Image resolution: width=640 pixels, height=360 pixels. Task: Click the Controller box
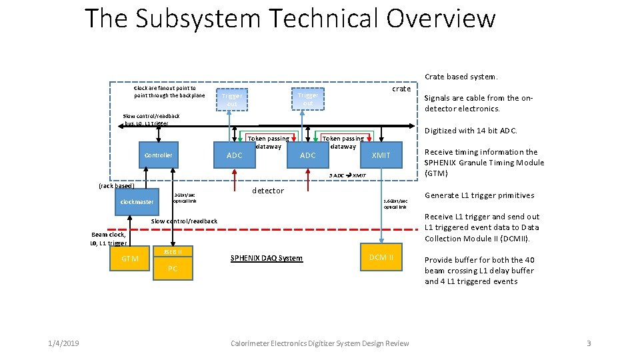[x=159, y=155]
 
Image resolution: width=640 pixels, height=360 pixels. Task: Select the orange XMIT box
[x=381, y=155]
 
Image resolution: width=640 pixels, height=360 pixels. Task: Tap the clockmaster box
[x=137, y=202]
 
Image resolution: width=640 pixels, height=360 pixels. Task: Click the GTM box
[x=130, y=259]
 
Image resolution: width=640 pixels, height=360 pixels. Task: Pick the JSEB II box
[x=172, y=251]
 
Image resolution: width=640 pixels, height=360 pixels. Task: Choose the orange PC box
[x=172, y=269]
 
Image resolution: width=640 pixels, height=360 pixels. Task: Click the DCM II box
[x=381, y=257]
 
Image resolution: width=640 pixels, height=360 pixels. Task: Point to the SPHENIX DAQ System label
[x=266, y=258]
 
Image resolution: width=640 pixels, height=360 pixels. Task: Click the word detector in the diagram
[x=268, y=191]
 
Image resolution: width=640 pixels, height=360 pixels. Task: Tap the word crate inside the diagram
[x=401, y=89]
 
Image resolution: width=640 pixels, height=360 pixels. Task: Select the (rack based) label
[x=116, y=186]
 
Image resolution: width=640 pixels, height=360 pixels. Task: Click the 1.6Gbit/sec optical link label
[x=395, y=203]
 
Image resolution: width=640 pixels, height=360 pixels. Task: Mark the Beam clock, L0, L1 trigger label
[x=108, y=239]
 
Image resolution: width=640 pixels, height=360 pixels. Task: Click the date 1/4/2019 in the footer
[x=63, y=343]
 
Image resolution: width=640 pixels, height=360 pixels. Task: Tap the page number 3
[x=589, y=343]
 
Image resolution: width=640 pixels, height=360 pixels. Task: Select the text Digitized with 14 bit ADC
[x=471, y=131]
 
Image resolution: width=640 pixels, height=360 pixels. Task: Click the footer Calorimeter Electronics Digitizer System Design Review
[x=319, y=343]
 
